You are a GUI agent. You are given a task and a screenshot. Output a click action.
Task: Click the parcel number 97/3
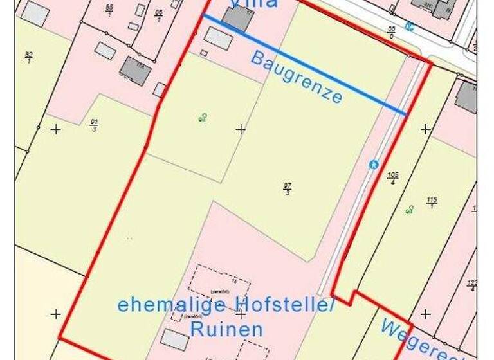point(287,189)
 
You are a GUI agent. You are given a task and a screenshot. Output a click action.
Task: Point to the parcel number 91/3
point(95,125)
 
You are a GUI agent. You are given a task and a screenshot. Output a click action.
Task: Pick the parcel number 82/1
point(28,57)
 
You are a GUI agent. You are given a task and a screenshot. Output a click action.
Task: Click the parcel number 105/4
point(392,177)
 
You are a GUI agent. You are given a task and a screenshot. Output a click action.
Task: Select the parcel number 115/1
point(432,203)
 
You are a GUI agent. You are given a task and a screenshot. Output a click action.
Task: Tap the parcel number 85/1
point(109,11)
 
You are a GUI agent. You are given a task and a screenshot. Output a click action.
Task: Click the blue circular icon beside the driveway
point(374,165)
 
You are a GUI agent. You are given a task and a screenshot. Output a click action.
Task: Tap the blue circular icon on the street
point(410,26)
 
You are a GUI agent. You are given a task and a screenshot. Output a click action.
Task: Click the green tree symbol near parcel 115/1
point(409,210)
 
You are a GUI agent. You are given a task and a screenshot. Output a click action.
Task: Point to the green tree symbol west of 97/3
point(203,117)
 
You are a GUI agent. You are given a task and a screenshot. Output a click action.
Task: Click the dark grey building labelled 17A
point(135,70)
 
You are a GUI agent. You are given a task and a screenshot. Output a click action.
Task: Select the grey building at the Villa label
point(237,18)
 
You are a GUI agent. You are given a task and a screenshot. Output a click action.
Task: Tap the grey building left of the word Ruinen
point(174,339)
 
